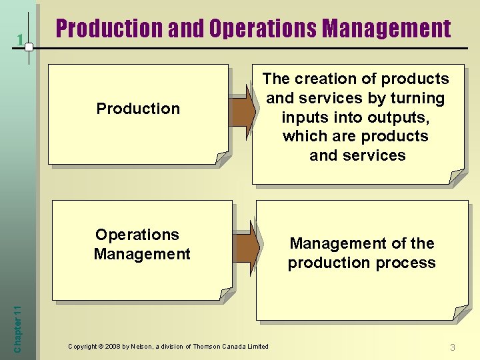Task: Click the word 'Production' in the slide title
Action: pos(109,29)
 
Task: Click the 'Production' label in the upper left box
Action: pos(138,109)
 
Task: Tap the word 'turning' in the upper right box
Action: pos(418,98)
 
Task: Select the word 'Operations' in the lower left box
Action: pos(137,235)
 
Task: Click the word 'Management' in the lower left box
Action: pos(142,254)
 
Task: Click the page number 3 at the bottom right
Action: pos(453,347)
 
